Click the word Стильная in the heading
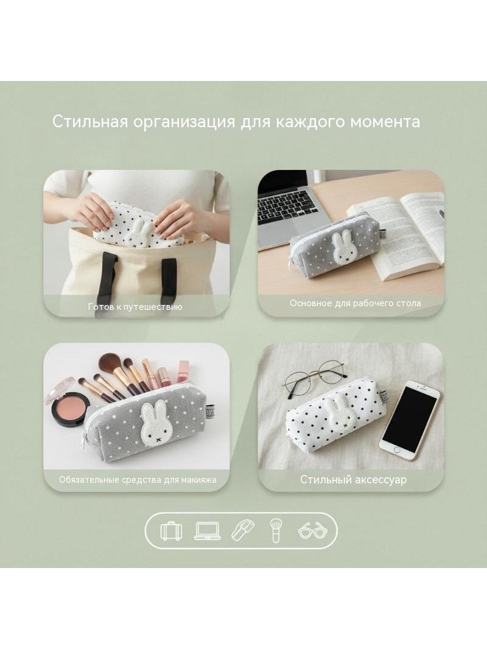[x=90, y=122]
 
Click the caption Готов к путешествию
[x=135, y=307]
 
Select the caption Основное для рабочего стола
[x=355, y=303]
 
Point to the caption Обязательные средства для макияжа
[x=138, y=480]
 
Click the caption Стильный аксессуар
[x=353, y=480]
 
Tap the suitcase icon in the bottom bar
[x=171, y=531]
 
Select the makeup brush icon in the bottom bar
[x=276, y=531]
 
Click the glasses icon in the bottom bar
[x=312, y=531]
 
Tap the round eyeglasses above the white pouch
[x=315, y=379]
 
